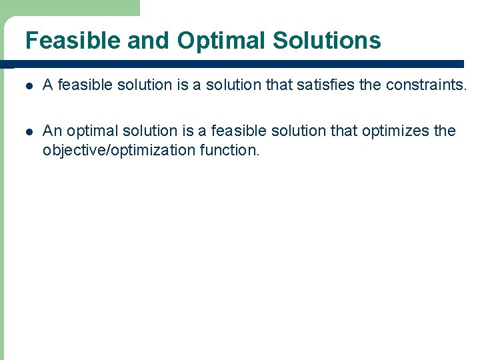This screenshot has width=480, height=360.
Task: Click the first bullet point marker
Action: (x=28, y=85)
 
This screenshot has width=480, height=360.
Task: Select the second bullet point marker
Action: (x=28, y=131)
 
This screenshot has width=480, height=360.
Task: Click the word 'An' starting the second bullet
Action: (x=51, y=131)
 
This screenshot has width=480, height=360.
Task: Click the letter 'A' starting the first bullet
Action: (x=47, y=84)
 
